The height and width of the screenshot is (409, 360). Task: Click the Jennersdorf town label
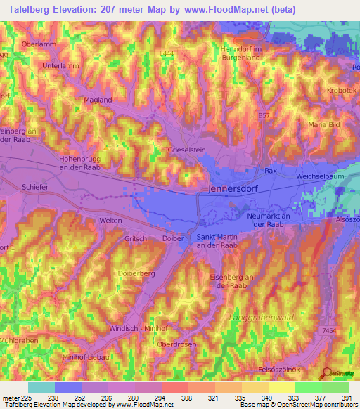pyautogui.click(x=235, y=189)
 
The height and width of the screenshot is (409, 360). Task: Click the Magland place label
pyautogui.click(x=98, y=100)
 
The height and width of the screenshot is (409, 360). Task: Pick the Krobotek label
pyautogui.click(x=342, y=91)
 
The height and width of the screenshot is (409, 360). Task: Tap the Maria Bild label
pyautogui.click(x=323, y=124)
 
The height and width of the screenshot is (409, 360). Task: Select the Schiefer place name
pyautogui.click(x=34, y=188)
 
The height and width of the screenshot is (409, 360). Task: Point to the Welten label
pyautogui.click(x=111, y=221)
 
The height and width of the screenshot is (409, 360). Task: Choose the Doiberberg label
pyautogui.click(x=136, y=273)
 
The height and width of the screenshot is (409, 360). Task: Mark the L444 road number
pyautogui.click(x=167, y=53)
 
